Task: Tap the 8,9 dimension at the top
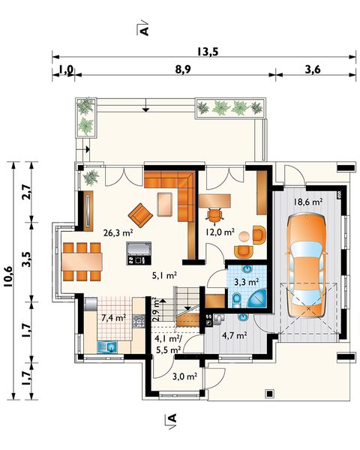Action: [x=182, y=70]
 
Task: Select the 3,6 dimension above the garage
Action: [x=313, y=70]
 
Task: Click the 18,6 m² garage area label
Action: [x=307, y=202]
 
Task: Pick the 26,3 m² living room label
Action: [x=118, y=232]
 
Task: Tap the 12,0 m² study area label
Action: [x=220, y=232]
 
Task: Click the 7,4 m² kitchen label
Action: [x=114, y=318]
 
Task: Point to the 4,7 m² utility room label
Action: [x=235, y=335]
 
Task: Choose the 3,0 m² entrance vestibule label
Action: [x=184, y=376]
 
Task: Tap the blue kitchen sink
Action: [x=107, y=346]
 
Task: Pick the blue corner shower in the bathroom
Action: [x=258, y=298]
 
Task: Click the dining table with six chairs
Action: [x=82, y=262]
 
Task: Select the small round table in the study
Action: [x=244, y=236]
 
